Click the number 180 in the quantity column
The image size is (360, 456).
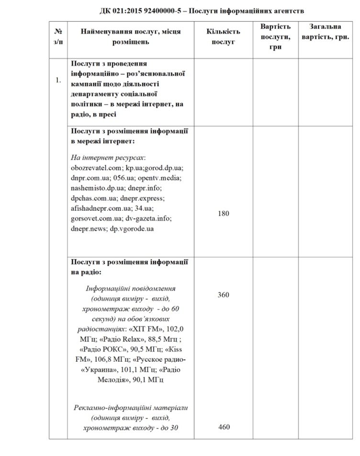tap(223, 213)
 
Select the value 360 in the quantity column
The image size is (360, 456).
tap(223, 295)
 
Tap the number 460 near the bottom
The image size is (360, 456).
tap(223, 427)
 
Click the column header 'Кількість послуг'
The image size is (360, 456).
tap(223, 37)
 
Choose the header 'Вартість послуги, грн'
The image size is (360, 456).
tap(275, 37)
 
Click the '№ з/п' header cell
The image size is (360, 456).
tap(58, 37)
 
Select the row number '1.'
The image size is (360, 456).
tap(58, 80)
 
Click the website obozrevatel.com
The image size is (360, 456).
tap(93, 168)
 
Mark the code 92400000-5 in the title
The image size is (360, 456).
tap(168, 11)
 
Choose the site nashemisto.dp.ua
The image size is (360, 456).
tap(99, 188)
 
